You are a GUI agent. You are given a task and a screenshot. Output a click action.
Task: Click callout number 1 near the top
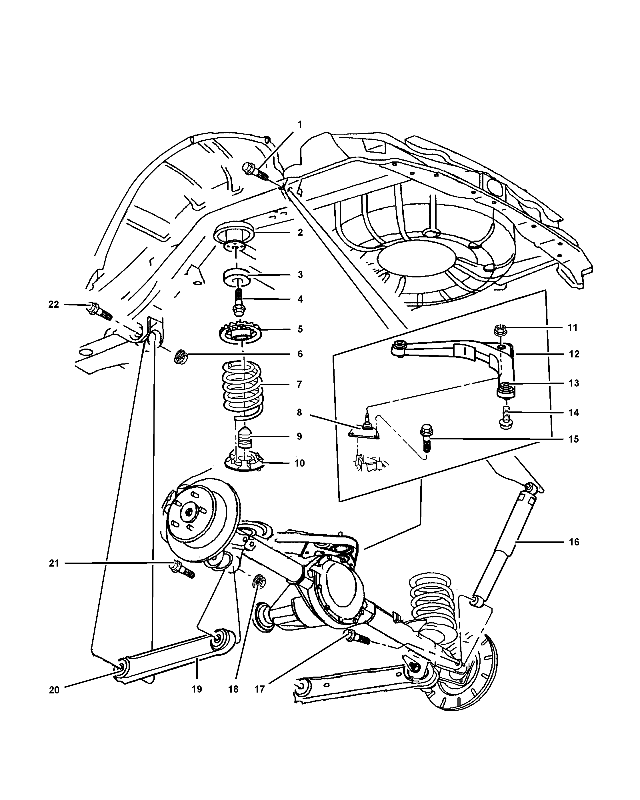click(300, 125)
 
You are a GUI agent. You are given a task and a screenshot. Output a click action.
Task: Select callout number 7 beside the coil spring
click(299, 384)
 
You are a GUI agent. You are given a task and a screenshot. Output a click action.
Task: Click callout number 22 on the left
click(54, 304)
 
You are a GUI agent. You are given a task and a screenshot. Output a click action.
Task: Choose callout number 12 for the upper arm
click(574, 354)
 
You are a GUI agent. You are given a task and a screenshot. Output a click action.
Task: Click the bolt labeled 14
click(505, 418)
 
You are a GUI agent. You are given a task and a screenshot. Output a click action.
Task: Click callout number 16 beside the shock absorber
click(574, 542)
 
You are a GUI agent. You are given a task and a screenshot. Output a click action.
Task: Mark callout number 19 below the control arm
click(197, 689)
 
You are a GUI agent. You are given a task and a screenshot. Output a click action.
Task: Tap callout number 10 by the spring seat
click(299, 463)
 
